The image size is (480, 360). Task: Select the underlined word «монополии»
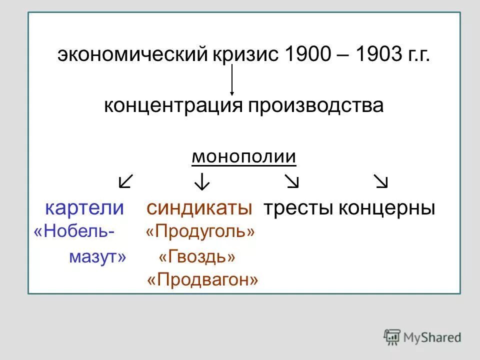coord(244,157)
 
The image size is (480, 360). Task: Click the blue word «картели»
coord(84,208)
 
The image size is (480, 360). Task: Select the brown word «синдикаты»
coord(199,208)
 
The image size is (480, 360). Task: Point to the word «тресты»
coord(298,208)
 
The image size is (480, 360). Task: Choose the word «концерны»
coord(387,208)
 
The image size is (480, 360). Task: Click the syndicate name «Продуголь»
coord(200,232)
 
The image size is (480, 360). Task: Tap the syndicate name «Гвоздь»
coord(197,257)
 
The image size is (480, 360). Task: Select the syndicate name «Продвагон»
coord(202,280)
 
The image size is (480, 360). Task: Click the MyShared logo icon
coord(392,337)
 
